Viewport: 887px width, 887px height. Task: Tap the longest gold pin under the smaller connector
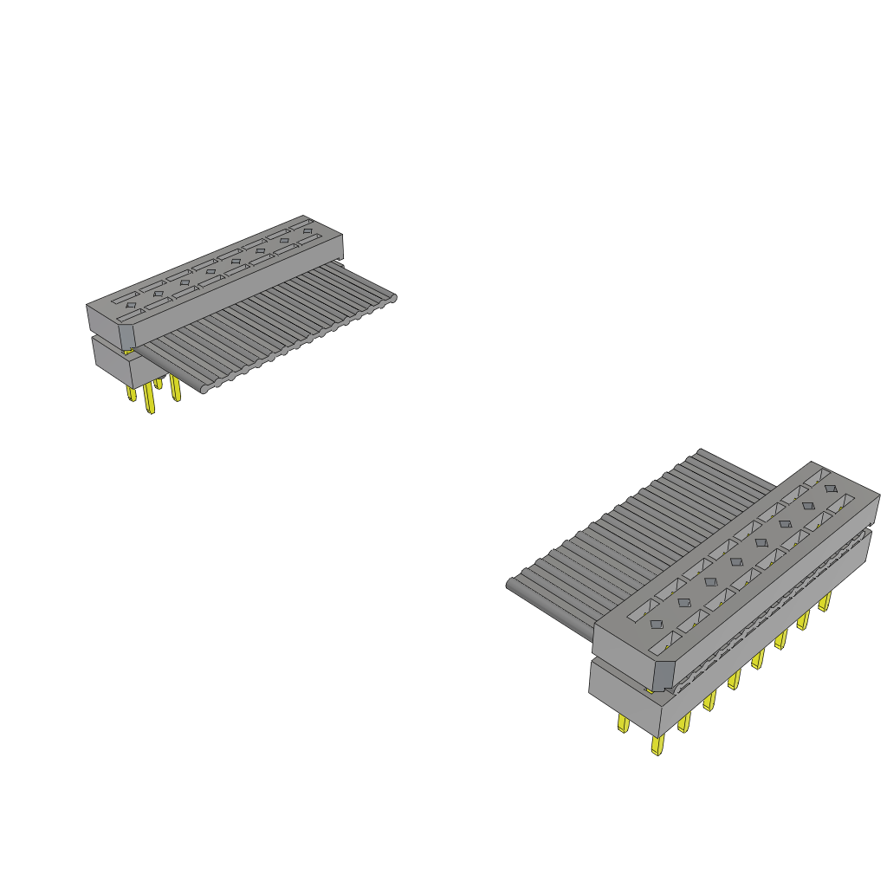pyautogui.click(x=149, y=400)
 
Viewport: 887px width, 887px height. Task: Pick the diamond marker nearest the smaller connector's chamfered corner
pyautogui.click(x=131, y=305)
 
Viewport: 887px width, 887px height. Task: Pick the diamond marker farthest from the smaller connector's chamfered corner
pyautogui.click(x=308, y=231)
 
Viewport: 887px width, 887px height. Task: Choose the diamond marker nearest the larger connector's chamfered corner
pyautogui.click(x=657, y=624)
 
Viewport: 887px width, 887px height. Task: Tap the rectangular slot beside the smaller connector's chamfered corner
pyautogui.click(x=127, y=320)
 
